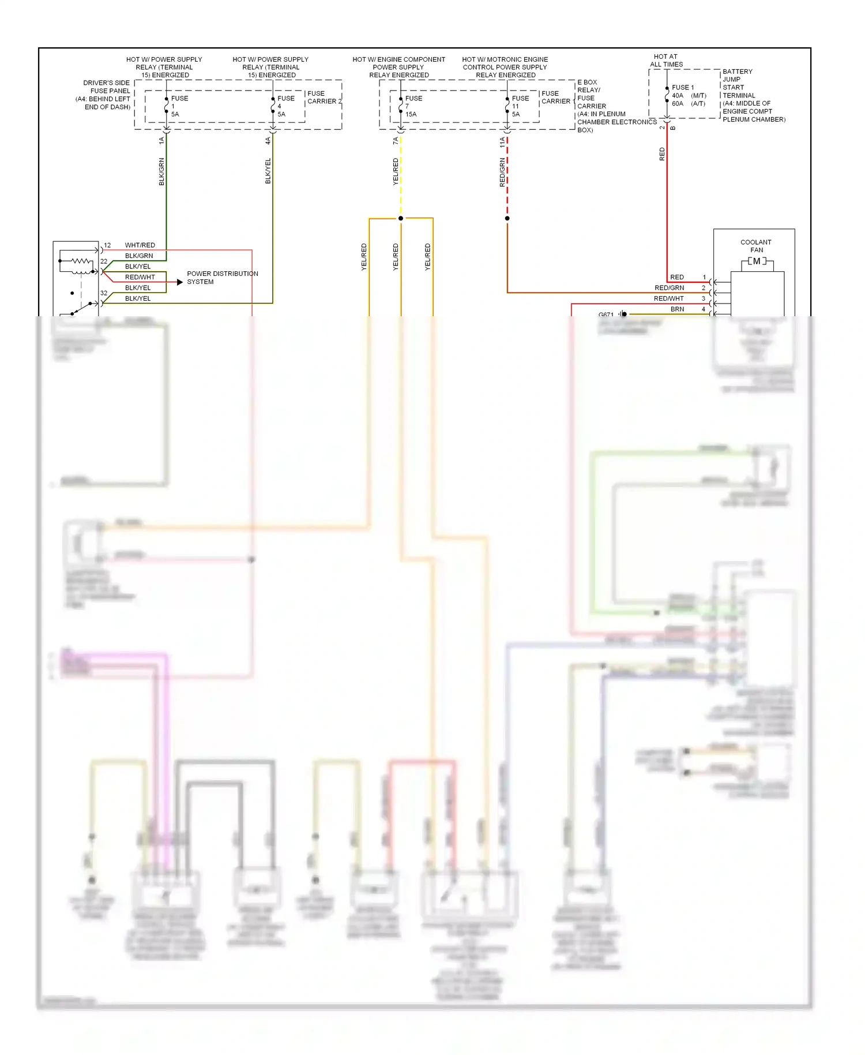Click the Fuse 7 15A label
click(412, 106)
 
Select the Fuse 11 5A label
click(519, 106)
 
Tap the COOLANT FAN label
click(756, 246)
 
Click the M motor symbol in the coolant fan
click(757, 261)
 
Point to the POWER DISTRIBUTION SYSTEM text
click(222, 278)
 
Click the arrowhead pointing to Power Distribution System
click(179, 282)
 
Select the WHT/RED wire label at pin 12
click(140, 245)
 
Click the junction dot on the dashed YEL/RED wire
click(401, 218)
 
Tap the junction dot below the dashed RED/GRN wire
click(507, 218)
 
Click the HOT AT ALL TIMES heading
click(666, 61)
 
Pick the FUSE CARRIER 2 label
click(324, 97)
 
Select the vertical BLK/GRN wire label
click(161, 171)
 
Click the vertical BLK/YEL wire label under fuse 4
click(268, 171)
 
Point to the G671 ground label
click(605, 315)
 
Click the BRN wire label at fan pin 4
click(677, 309)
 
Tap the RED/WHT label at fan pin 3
click(668, 298)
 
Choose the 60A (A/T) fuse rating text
click(688, 104)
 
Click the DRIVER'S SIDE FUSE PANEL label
click(104, 95)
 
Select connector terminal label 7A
click(396, 141)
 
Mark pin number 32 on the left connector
click(104, 293)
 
